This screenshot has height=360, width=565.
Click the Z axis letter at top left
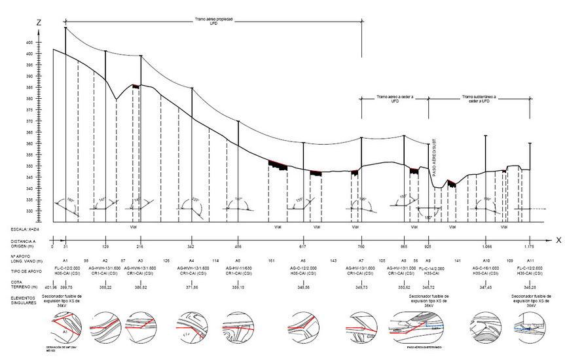[x=39, y=23]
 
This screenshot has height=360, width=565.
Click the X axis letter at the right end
[x=558, y=240]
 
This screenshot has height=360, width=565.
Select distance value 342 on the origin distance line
[x=191, y=246]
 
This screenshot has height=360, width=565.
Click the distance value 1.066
[x=485, y=246]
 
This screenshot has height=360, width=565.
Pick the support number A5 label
[x=238, y=261]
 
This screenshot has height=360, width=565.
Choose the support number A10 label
[x=485, y=261]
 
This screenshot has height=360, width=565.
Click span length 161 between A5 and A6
[x=270, y=261]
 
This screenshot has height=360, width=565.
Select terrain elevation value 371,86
[x=191, y=287]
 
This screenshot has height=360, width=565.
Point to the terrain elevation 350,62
[x=404, y=287]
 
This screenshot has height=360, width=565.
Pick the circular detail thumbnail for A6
[x=302, y=323]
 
